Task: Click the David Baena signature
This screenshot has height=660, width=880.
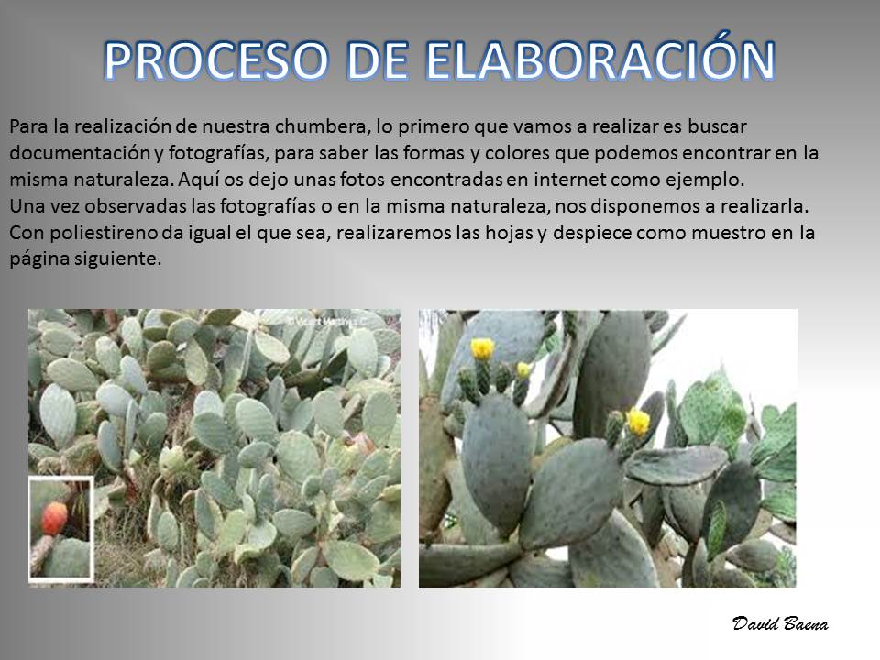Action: (x=780, y=623)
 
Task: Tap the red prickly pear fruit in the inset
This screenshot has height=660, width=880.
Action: (x=54, y=518)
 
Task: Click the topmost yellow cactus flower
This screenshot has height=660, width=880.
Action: (x=482, y=348)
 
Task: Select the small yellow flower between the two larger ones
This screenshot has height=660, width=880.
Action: (x=523, y=369)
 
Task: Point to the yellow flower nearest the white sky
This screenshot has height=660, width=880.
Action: (x=638, y=422)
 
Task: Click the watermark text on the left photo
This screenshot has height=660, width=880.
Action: (x=326, y=322)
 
